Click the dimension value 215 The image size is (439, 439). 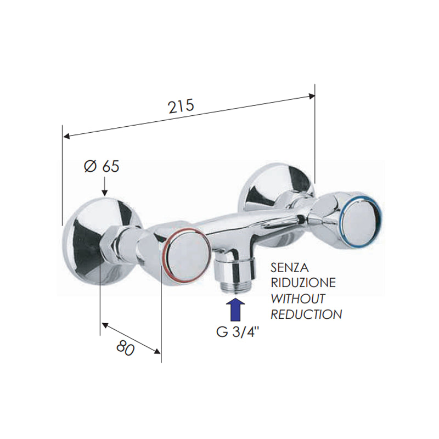coord(182,106)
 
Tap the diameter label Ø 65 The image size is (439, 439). coord(102,166)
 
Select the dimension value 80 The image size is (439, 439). coord(126,348)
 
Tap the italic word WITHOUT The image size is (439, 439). coord(298,299)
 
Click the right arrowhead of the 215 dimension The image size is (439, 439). coord(312,96)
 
